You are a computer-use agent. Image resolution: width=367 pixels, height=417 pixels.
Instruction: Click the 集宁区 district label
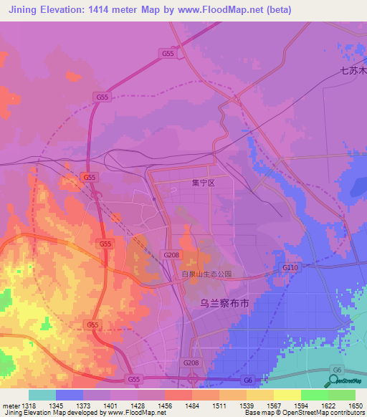click(204, 183)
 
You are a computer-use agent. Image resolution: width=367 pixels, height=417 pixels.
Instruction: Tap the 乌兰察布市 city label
click(224, 304)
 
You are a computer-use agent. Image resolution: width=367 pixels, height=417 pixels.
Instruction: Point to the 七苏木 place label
click(353, 71)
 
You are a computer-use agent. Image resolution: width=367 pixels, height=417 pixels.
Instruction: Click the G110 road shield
click(290, 267)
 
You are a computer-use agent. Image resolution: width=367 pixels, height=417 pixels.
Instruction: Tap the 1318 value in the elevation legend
click(29, 406)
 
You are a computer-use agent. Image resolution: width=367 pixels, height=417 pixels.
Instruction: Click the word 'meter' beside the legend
click(10, 406)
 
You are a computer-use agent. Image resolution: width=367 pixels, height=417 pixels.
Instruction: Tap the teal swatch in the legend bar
click(42, 395)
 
